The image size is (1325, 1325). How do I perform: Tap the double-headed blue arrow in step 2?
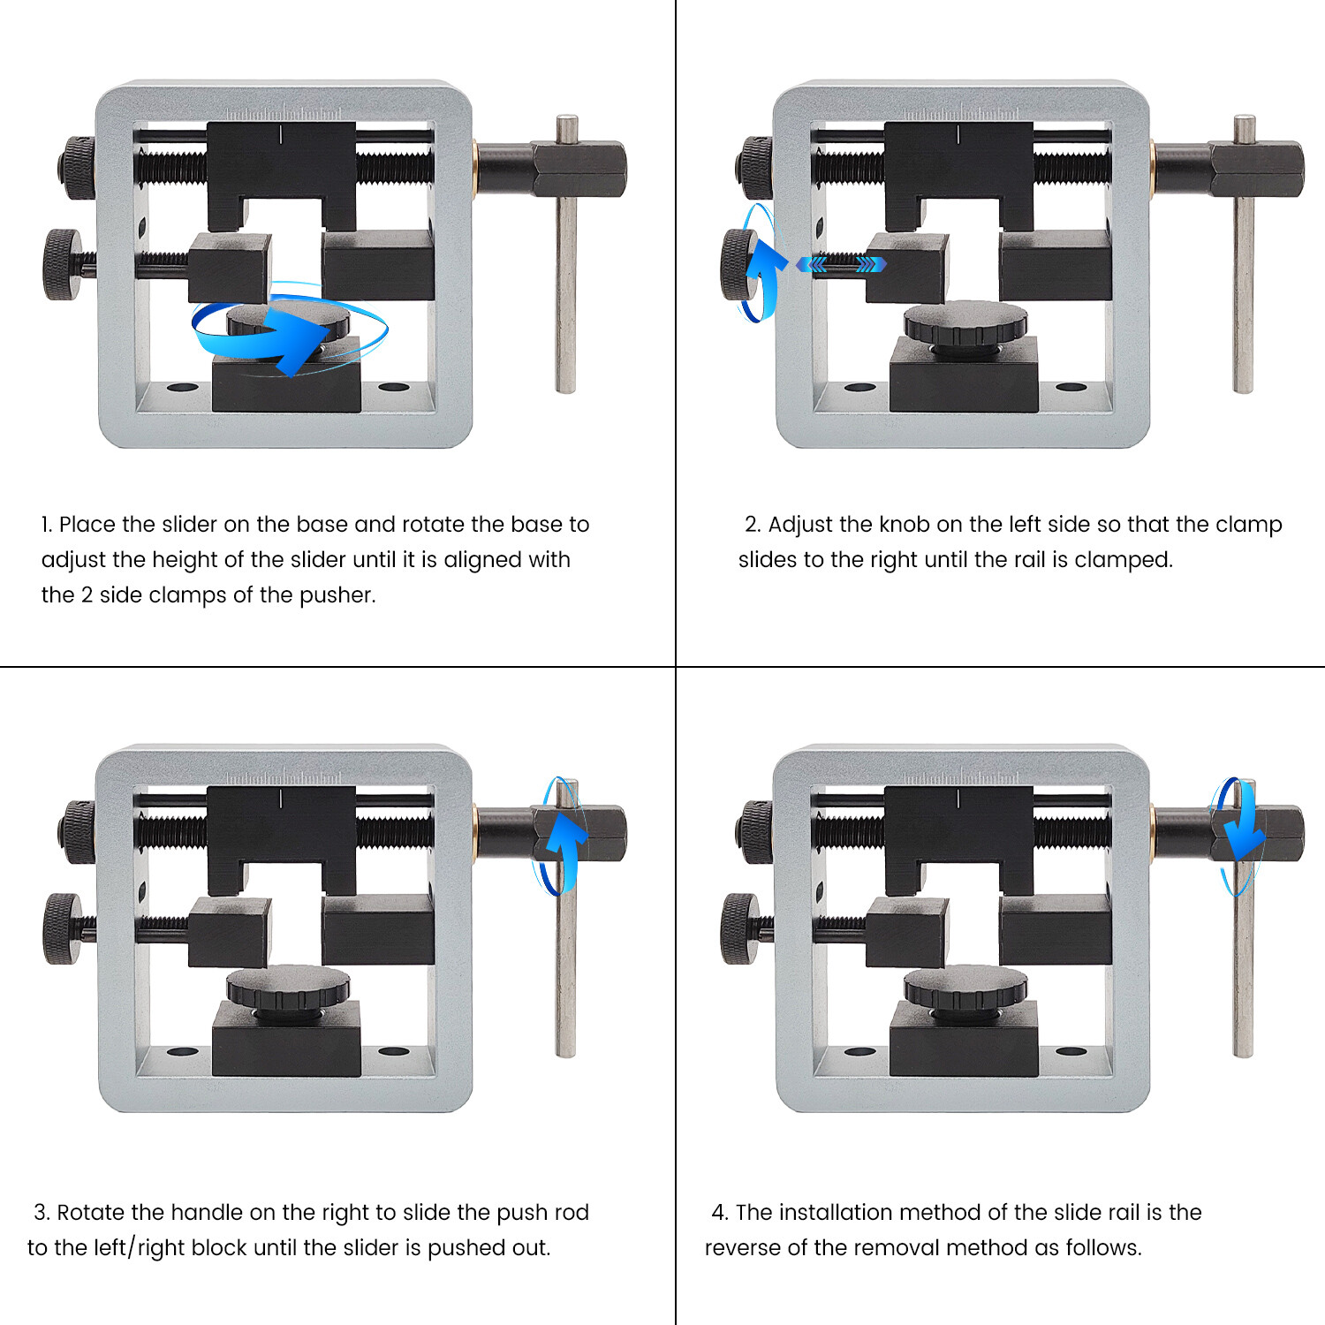pyautogui.click(x=840, y=264)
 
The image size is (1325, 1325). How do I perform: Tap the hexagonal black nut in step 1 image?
pyautogui.click(x=579, y=169)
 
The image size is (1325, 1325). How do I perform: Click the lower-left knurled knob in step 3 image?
pyautogui.click(x=64, y=929)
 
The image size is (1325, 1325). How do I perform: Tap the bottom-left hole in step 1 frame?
pyautogui.click(x=182, y=388)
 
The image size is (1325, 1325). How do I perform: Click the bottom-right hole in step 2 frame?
pyautogui.click(x=1071, y=388)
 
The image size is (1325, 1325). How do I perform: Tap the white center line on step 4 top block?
pyautogui.click(x=958, y=799)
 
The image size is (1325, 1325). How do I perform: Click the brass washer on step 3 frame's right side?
pyautogui.click(x=475, y=830)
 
